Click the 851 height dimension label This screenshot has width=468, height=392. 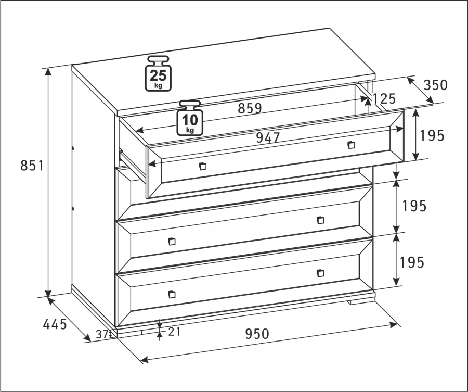click(32, 166)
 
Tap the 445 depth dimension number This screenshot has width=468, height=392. click(55, 324)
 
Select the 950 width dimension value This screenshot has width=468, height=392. click(257, 334)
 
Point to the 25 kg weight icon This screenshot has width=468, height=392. click(158, 73)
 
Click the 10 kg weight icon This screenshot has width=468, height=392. click(190, 118)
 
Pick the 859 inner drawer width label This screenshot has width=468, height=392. click(250, 108)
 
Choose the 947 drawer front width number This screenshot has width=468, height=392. click(268, 137)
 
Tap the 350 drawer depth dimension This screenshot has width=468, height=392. click(436, 85)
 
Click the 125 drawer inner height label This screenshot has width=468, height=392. click(384, 98)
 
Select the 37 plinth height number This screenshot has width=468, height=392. click(102, 334)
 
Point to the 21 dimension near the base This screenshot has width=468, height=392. click(175, 332)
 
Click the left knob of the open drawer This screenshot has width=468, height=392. click(203, 166)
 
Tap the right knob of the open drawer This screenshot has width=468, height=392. click(352, 145)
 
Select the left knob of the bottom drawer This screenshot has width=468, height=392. click(172, 294)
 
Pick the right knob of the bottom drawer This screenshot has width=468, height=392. click(320, 273)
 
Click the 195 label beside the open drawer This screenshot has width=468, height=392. click(432, 136)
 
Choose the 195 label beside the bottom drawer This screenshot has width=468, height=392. click(412, 262)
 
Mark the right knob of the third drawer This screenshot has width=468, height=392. click(320, 220)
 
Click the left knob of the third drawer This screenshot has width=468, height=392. click(172, 242)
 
